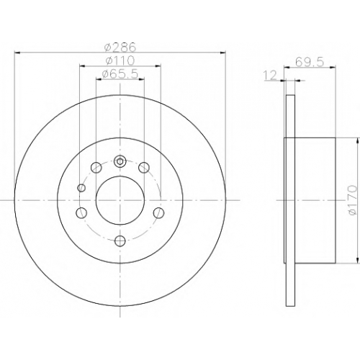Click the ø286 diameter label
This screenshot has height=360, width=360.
[x=120, y=47]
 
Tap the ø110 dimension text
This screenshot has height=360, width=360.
[x=120, y=60]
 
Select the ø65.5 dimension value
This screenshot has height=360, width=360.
[x=120, y=74]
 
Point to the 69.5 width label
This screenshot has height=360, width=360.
[x=310, y=62]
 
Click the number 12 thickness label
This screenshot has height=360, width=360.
[x=271, y=76]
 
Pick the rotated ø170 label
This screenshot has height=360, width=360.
[x=353, y=200]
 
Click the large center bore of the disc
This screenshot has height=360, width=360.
[x=120, y=200]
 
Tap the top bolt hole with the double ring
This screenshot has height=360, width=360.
[x=120, y=161]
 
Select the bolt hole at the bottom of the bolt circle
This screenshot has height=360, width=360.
[x=120, y=240]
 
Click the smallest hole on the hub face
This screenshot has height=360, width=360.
[x=81, y=188]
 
